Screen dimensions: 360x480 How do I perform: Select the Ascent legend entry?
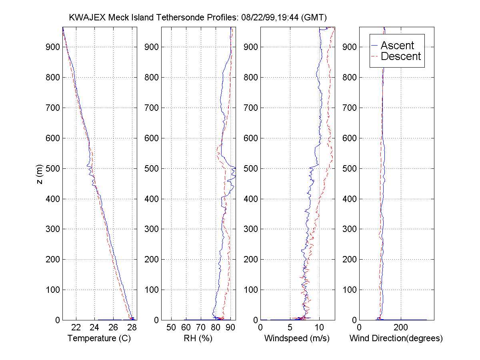click(397, 46)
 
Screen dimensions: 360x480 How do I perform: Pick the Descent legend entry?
click(400, 56)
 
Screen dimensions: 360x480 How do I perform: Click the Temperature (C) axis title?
click(99, 338)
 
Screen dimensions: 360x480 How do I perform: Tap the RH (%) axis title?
click(198, 338)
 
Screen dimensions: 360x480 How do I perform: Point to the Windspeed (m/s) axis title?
click(297, 338)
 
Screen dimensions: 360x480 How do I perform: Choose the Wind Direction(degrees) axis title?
click(396, 338)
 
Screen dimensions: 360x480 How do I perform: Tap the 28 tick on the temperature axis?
click(132, 327)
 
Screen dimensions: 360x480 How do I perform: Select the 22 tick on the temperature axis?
click(76, 327)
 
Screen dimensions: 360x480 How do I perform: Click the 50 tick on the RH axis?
click(171, 327)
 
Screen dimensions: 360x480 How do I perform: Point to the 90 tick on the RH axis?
click(230, 327)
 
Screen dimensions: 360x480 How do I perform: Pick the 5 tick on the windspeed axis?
click(290, 327)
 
